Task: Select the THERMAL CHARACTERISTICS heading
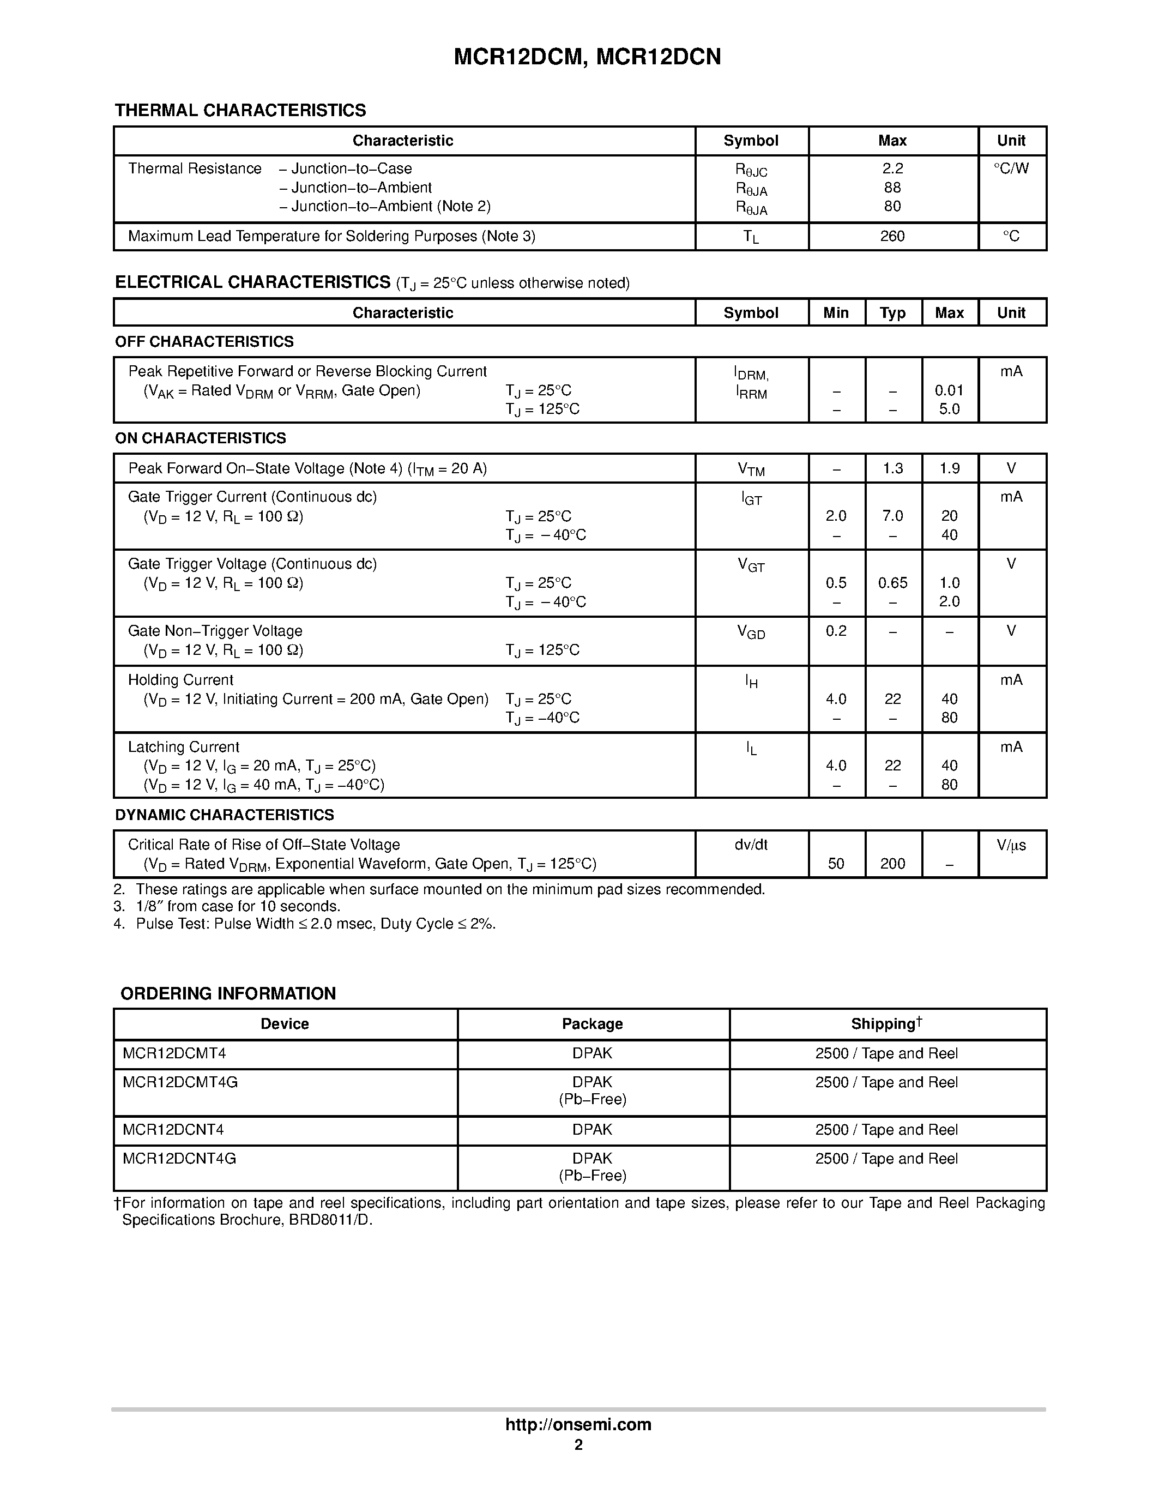tap(240, 111)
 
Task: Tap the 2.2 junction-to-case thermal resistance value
tap(892, 169)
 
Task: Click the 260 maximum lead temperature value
tap(892, 236)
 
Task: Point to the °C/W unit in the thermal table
tap(1011, 169)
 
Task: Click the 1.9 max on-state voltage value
tap(949, 468)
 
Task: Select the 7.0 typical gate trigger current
tap(892, 516)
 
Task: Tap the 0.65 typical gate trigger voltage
tap(892, 583)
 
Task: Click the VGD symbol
tap(751, 632)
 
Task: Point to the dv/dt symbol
tap(751, 845)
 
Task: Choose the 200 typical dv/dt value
tap(892, 864)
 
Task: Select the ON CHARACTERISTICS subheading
tap(201, 438)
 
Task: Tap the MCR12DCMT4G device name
tap(180, 1082)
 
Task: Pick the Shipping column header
tap(886, 1024)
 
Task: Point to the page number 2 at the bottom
tap(578, 1445)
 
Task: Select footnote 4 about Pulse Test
tap(305, 924)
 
